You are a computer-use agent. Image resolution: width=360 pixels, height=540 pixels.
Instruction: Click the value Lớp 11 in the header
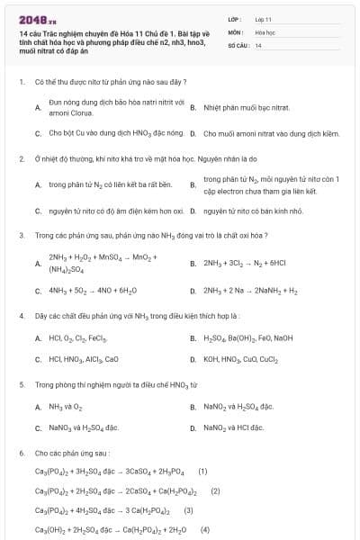pyautogui.click(x=263, y=18)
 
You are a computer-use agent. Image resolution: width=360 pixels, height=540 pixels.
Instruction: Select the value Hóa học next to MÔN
pyautogui.click(x=264, y=31)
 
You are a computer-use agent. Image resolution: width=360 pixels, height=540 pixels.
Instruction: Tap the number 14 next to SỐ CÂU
pyautogui.click(x=258, y=44)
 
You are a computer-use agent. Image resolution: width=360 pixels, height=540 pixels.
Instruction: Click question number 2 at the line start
pyautogui.click(x=21, y=158)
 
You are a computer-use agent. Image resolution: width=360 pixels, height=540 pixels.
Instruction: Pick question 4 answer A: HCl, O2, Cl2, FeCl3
pyautogui.click(x=78, y=338)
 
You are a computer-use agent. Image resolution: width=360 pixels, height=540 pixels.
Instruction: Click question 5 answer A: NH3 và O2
pyautogui.click(x=66, y=407)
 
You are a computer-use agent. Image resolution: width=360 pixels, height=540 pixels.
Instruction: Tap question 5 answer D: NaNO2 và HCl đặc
pyautogui.click(x=233, y=427)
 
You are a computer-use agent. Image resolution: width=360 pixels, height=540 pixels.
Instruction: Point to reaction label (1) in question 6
pyautogui.click(x=202, y=471)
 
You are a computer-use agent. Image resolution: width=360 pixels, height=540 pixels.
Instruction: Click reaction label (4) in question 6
pyautogui.click(x=204, y=529)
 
